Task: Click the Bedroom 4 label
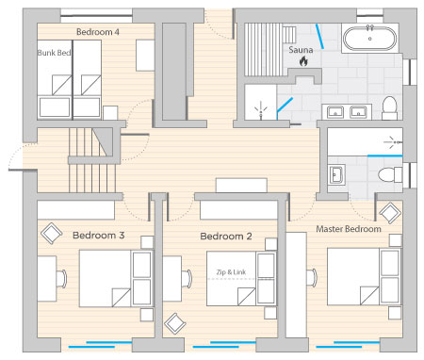(x=98, y=32)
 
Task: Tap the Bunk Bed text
(x=54, y=53)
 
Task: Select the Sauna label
(x=301, y=50)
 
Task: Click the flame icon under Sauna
(x=303, y=61)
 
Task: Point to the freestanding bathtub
(x=369, y=38)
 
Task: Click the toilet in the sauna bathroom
(x=389, y=108)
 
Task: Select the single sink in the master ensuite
(x=336, y=174)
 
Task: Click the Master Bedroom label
(x=349, y=229)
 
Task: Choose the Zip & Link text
(x=231, y=272)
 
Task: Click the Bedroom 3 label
(x=98, y=236)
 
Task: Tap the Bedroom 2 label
(x=226, y=237)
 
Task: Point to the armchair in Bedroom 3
(x=51, y=234)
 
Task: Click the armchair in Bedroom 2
(x=175, y=323)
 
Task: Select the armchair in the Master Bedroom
(x=390, y=213)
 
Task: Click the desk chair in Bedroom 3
(x=62, y=279)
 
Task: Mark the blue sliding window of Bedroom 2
(x=224, y=344)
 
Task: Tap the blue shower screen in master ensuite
(x=384, y=155)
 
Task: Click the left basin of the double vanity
(x=334, y=112)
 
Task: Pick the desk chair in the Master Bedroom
(x=313, y=278)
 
